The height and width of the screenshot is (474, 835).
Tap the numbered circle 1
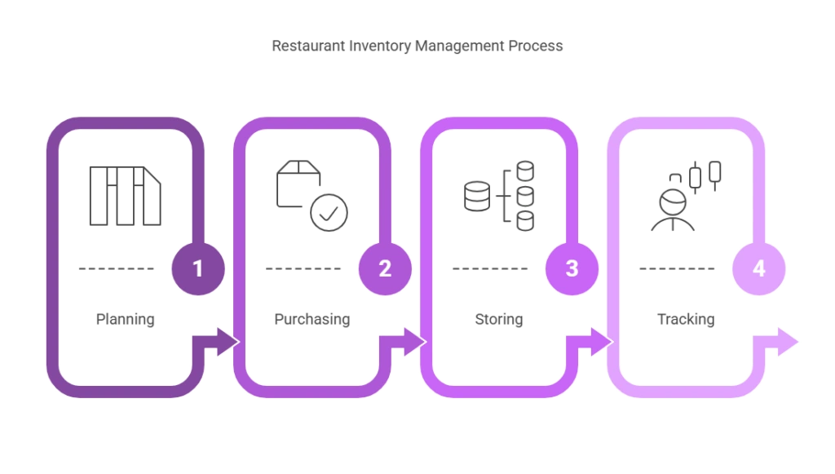coord(198,268)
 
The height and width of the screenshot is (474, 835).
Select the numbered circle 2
coord(385,268)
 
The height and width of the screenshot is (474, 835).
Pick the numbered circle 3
coord(572,268)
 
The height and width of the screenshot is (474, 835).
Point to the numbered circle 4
coord(759,268)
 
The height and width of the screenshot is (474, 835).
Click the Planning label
coord(125,320)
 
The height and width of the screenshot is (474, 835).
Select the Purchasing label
coord(312,320)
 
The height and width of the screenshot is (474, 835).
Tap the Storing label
coord(499,320)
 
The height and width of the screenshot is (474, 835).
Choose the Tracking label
coord(686,320)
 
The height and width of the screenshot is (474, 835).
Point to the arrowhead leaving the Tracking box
coord(788,342)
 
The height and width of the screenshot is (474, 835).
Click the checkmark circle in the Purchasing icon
coord(329,212)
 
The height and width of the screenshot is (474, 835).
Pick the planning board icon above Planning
coord(125,196)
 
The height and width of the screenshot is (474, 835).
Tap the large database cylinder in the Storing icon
coord(477,197)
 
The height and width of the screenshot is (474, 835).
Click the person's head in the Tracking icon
coord(673,202)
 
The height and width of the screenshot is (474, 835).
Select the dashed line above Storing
coord(490,268)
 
